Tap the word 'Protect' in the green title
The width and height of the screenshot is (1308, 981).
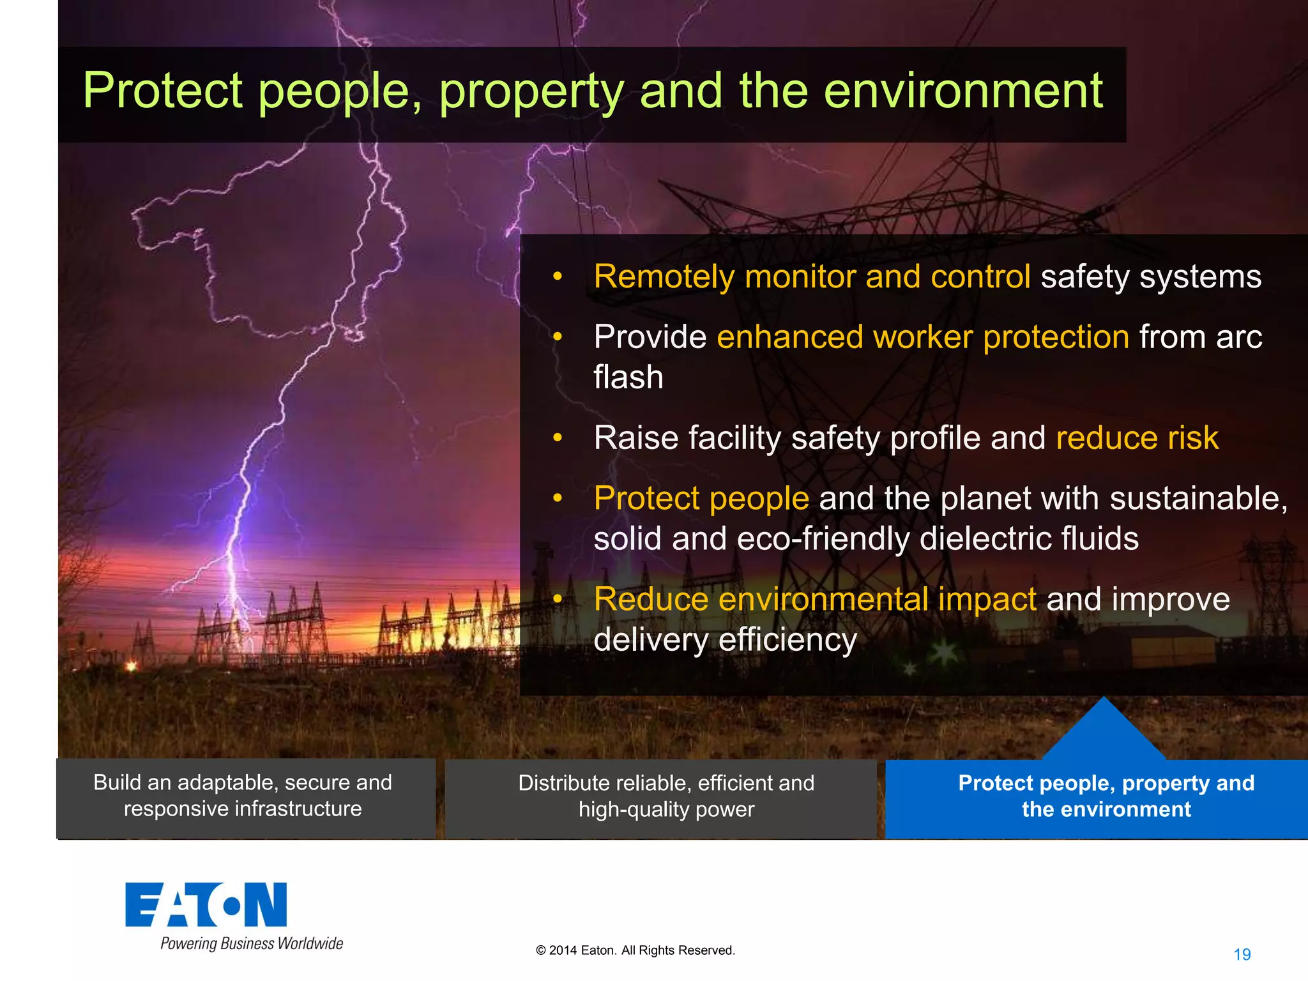click(162, 91)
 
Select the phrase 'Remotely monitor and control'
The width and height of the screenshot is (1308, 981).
click(811, 277)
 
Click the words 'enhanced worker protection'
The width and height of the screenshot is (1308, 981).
click(922, 337)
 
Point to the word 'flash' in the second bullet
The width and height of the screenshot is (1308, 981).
click(628, 377)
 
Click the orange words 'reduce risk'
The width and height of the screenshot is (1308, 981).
click(1137, 438)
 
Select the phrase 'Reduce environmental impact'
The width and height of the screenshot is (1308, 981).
click(814, 600)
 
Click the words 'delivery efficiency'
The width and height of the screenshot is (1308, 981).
click(725, 640)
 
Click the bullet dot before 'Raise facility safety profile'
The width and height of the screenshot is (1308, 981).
click(558, 438)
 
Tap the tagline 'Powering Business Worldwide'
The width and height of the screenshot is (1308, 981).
click(252, 944)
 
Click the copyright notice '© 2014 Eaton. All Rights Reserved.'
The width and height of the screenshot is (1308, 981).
click(635, 950)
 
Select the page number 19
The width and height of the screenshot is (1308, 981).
click(1242, 954)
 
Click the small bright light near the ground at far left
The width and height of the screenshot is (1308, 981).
click(132, 666)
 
